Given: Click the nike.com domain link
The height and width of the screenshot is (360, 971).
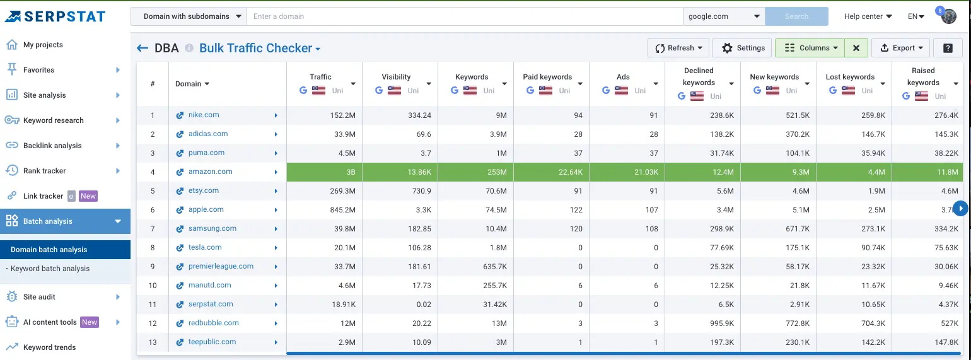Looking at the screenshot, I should coord(204,115).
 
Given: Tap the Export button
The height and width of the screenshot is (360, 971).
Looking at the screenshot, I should coord(902,48).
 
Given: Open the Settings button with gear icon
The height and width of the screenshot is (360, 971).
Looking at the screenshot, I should coord(743,48).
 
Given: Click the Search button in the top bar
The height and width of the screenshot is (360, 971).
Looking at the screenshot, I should coord(796,16).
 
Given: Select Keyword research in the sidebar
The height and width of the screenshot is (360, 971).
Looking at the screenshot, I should coord(54,120).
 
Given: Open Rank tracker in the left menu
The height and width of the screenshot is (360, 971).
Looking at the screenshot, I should coord(44,171).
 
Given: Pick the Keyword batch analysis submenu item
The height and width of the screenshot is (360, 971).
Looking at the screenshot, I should coord(50,269).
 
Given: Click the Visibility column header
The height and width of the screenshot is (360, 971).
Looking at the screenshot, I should coord(396,77).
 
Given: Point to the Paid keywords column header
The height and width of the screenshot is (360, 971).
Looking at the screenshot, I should coord(547,77).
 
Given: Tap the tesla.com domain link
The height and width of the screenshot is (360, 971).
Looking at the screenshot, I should coord(205,247).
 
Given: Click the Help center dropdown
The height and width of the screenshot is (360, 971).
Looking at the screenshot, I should coord(868,16).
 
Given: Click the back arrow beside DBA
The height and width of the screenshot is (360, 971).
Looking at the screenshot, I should coord(142,48).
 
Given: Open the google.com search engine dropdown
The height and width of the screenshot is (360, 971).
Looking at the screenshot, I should coord(724,16).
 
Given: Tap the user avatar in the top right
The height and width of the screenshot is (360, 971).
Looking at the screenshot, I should coord(949,16).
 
